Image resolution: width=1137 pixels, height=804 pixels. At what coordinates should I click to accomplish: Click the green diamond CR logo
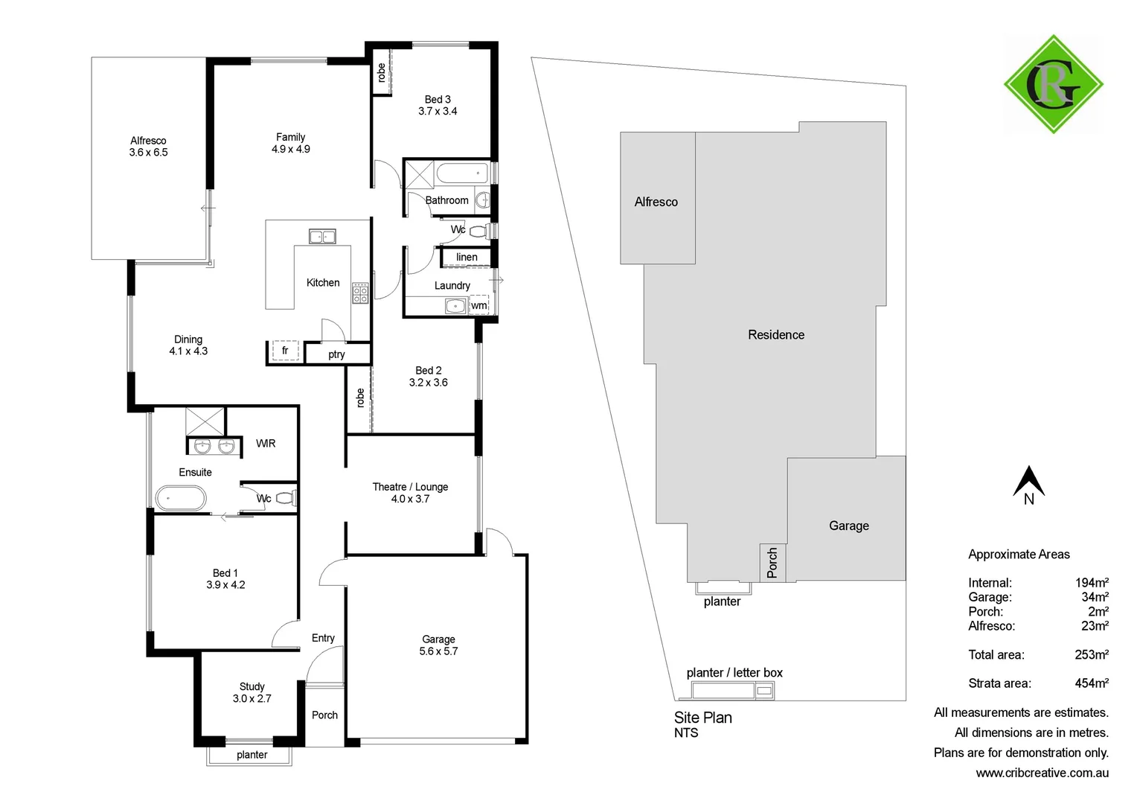[x=1053, y=84]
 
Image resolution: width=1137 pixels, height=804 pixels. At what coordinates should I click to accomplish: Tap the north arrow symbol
[x=1028, y=482]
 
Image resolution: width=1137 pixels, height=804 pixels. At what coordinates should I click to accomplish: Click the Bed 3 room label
[x=438, y=99]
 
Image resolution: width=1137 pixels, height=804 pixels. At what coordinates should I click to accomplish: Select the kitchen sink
[x=322, y=237]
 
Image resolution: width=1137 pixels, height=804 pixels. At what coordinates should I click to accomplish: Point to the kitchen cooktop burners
[x=360, y=293]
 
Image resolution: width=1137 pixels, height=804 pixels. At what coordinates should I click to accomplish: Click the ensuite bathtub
[x=180, y=498]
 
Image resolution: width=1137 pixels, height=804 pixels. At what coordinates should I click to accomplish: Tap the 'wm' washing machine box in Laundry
[x=479, y=305]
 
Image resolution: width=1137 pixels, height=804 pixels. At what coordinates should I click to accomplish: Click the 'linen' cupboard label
[x=467, y=258]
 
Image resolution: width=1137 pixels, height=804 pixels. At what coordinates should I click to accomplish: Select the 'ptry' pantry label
[x=336, y=354]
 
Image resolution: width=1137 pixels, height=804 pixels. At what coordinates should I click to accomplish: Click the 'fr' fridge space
[x=284, y=351]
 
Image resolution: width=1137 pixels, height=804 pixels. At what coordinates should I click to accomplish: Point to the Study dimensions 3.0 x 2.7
[x=252, y=698]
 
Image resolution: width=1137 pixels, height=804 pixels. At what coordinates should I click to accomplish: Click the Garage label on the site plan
[x=848, y=526]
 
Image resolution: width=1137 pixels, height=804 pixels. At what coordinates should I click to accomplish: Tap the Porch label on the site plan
[x=772, y=562]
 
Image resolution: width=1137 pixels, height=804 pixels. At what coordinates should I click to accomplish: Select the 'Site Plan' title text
[x=702, y=718]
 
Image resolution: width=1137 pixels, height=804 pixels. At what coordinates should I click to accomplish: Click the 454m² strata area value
[x=1091, y=683]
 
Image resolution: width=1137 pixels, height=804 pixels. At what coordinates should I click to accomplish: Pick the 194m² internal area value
[x=1092, y=583]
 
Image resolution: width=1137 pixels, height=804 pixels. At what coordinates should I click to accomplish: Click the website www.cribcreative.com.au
[x=1042, y=773]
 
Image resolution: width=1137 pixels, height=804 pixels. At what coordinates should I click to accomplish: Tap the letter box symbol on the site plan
[x=763, y=691]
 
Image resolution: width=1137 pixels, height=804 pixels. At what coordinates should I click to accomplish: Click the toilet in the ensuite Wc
[x=286, y=498]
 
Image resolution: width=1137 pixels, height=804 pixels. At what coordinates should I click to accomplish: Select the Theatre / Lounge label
[x=410, y=487]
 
